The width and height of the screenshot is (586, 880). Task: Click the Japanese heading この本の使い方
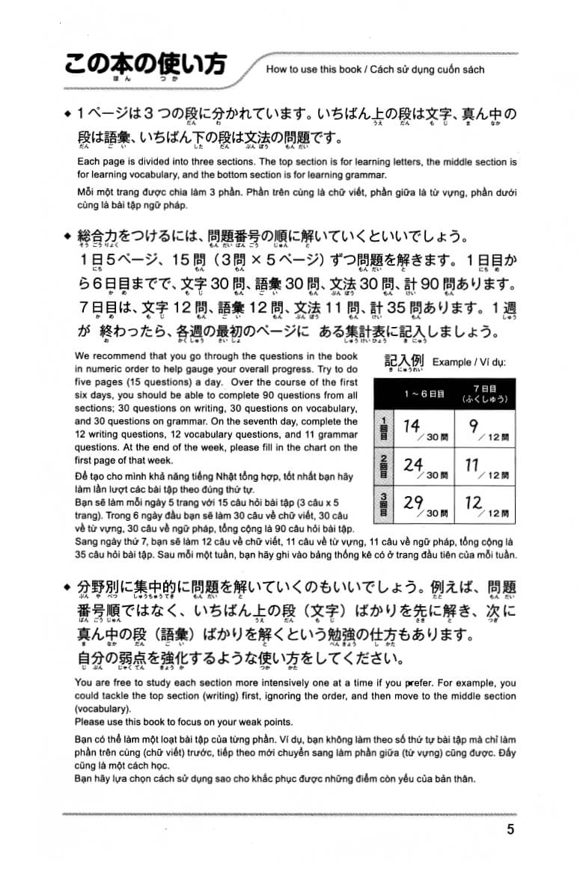pyautogui.click(x=144, y=65)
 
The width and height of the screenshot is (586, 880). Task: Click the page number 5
pyautogui.click(x=510, y=828)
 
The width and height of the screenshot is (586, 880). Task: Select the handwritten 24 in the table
pyautogui.click(x=413, y=465)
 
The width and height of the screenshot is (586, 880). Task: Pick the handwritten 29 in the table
pyautogui.click(x=413, y=503)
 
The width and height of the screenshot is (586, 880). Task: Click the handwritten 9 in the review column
pyautogui.click(x=472, y=426)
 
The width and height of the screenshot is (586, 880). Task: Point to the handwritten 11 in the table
pyautogui.click(x=471, y=465)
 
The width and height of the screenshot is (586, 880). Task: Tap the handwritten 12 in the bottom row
pyautogui.click(x=473, y=503)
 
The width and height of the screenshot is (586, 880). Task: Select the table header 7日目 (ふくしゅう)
pyautogui.click(x=484, y=394)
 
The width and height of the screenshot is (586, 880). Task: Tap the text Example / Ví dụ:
pyautogui.click(x=469, y=362)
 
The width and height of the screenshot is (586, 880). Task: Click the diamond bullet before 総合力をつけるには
pyautogui.click(x=68, y=236)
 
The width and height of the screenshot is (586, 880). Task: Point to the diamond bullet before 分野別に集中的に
pyautogui.click(x=68, y=586)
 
